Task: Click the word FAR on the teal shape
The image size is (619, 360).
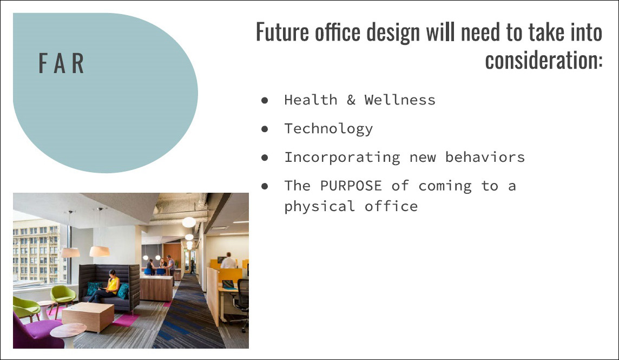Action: (61, 63)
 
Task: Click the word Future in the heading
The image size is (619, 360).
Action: (282, 32)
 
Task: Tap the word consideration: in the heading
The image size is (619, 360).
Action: (544, 61)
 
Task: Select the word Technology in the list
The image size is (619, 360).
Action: (328, 129)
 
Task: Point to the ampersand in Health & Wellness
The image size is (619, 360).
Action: (351, 100)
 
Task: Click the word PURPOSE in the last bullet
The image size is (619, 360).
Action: (351, 186)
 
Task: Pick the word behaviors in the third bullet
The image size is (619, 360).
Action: (485, 157)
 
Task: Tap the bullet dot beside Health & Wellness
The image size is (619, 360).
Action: (265, 100)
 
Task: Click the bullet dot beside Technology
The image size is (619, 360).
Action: (265, 129)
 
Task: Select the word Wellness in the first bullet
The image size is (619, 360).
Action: (400, 100)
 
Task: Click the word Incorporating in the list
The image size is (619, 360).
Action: (343, 158)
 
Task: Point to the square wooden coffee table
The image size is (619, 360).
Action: (88, 317)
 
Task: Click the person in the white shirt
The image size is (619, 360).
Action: (228, 261)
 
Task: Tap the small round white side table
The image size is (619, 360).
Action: (68, 335)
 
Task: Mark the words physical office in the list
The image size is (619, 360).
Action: (351, 207)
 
